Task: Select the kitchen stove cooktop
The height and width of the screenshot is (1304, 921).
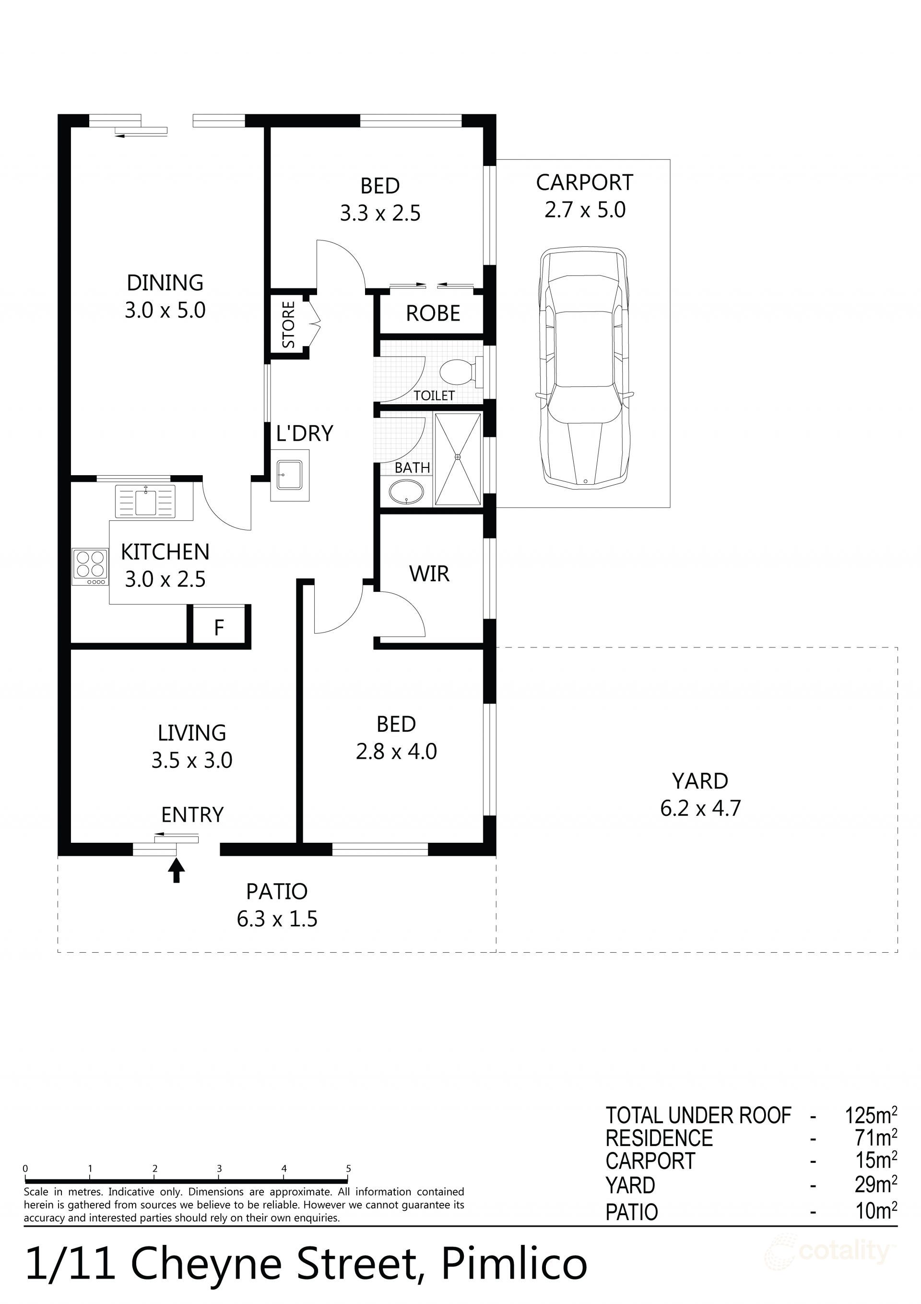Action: click(90, 566)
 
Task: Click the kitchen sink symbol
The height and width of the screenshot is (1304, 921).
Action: click(145, 501)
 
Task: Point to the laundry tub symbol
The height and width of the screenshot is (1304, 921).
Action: click(290, 474)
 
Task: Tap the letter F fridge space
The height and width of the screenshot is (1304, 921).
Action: click(219, 628)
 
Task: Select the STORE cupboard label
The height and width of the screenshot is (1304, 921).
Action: click(288, 325)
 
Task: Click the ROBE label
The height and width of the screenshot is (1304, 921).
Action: click(433, 313)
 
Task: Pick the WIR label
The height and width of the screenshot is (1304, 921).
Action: click(429, 574)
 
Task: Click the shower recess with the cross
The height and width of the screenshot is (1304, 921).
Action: click(458, 459)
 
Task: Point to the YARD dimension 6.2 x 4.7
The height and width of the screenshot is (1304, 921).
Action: click(700, 808)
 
